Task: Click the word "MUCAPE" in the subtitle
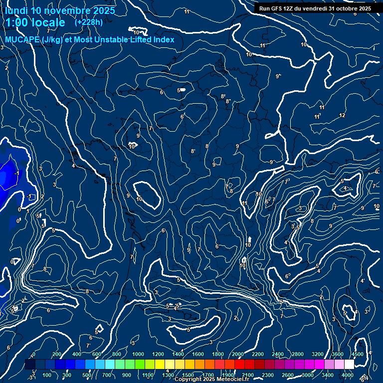[x=22, y=39]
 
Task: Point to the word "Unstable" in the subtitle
[x=113, y=39]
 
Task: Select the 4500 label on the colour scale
[x=357, y=354]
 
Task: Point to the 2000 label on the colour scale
[x=238, y=354]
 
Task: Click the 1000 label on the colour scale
[x=138, y=354]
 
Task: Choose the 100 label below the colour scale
[x=47, y=375]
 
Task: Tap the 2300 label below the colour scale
[x=268, y=375]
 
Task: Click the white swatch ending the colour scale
[x=349, y=365]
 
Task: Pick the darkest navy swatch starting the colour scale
[x=30, y=365]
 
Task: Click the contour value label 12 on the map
[x=342, y=115]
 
